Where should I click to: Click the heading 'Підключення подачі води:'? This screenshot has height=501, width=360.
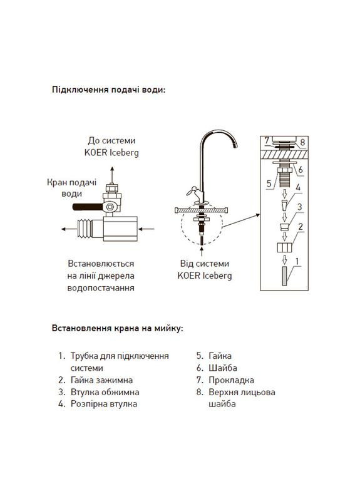pyautogui.click(x=108, y=90)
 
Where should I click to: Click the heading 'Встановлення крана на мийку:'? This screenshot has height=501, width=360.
pyautogui.click(x=117, y=328)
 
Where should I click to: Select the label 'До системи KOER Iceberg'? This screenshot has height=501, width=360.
pyautogui.click(x=113, y=147)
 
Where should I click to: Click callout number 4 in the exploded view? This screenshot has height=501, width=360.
pyautogui.click(x=299, y=187)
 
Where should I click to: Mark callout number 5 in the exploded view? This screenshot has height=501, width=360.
pyautogui.click(x=269, y=184)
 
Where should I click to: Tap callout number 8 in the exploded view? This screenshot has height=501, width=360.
pyautogui.click(x=302, y=143)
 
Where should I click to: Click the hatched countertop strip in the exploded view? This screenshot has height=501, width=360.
pyautogui.click(x=285, y=152)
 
